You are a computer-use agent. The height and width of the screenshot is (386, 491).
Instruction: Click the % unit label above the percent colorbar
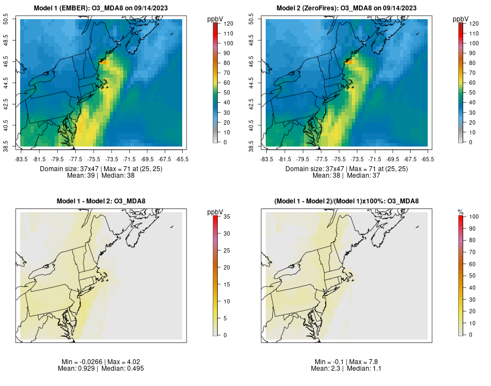click(460, 212)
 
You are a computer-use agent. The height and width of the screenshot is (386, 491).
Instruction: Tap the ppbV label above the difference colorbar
click(215, 212)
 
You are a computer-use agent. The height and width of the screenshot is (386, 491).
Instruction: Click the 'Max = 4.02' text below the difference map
click(118, 362)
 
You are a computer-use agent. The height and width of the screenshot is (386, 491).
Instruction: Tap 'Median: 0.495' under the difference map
click(121, 369)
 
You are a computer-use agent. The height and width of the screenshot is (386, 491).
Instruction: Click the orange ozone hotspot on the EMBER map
click(100, 62)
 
